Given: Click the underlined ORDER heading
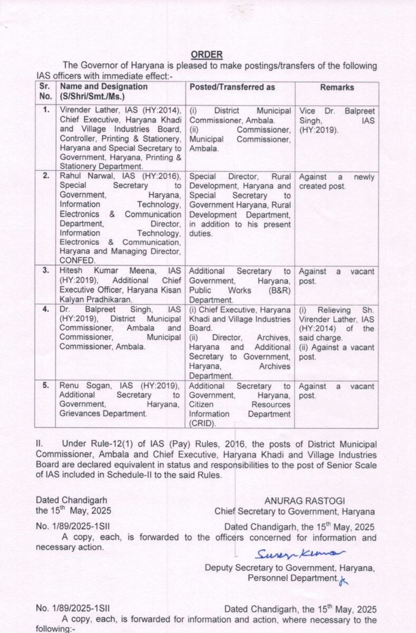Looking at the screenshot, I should [x=206, y=54].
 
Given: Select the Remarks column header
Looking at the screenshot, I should [x=337, y=87].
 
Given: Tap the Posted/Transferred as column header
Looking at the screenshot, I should [x=232, y=87].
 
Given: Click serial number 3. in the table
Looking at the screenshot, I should [x=46, y=271].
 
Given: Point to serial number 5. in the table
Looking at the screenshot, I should [x=46, y=386].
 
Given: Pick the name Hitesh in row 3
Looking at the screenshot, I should [x=72, y=271].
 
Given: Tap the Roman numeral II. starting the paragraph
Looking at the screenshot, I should [x=40, y=445].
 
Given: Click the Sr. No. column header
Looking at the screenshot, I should [x=45, y=91].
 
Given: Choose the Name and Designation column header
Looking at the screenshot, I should [x=103, y=87].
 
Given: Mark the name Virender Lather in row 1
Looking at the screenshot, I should [x=86, y=111].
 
